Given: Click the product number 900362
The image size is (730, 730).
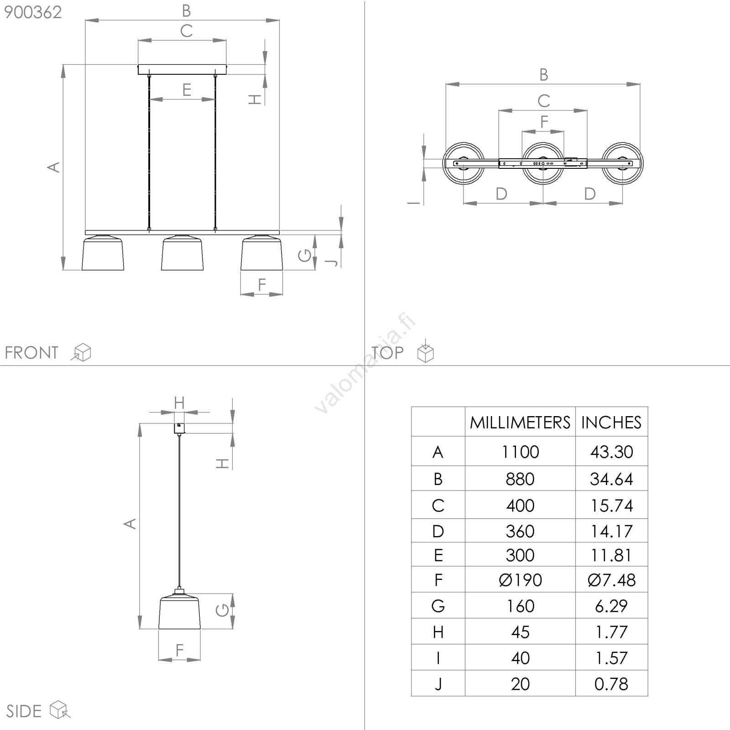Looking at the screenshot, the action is tap(33, 12).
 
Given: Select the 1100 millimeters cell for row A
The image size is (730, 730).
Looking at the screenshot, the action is tap(520, 452).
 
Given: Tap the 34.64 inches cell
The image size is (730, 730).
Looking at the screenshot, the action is tap(611, 479).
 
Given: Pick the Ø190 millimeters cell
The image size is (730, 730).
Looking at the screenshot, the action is tap(520, 580).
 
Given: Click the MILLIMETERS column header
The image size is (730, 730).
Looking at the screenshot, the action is tap(520, 422).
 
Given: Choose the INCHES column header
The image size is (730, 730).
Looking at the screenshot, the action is tap(611, 422).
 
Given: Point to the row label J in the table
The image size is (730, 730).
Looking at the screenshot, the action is tap(438, 684).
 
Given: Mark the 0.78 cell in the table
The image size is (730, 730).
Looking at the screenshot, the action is tap(611, 684).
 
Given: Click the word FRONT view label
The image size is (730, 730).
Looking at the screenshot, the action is tap(31, 353).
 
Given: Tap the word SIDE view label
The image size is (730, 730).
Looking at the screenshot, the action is tap(24, 711).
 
